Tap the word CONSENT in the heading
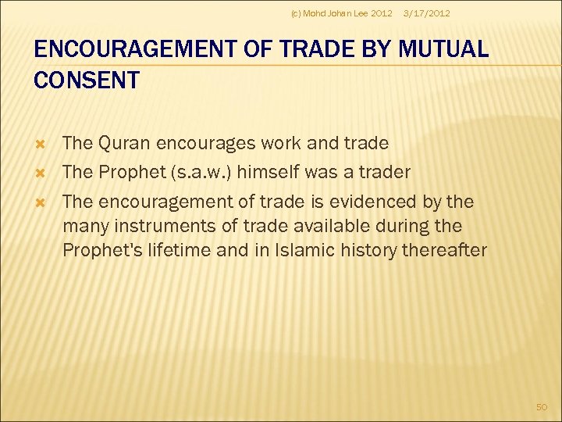click(87, 80)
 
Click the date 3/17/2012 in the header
click(425, 13)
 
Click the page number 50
click(542, 406)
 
